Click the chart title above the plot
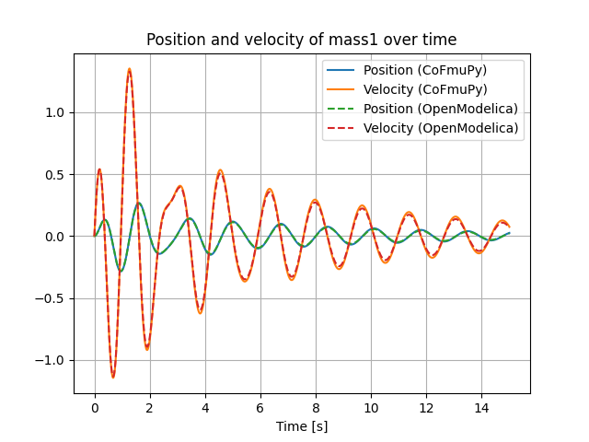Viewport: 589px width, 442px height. coord(302,40)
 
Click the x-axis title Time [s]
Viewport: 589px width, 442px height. coord(302,426)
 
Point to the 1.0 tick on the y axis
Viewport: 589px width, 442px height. coord(56,112)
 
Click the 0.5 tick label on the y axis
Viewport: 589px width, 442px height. coord(56,175)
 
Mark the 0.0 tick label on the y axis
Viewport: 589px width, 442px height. coord(56,237)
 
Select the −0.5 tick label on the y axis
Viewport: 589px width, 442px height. coord(52,298)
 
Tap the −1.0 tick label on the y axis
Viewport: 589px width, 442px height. coord(52,360)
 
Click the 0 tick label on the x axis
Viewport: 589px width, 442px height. coord(95,407)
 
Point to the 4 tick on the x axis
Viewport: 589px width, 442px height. coord(205,407)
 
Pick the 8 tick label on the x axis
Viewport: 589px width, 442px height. coord(316,407)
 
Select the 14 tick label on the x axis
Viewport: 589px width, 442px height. coord(481,407)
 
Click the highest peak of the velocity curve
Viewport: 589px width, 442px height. coord(130,69)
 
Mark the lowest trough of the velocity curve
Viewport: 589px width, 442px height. coord(113,377)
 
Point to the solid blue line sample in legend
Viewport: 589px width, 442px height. coord(341,71)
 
